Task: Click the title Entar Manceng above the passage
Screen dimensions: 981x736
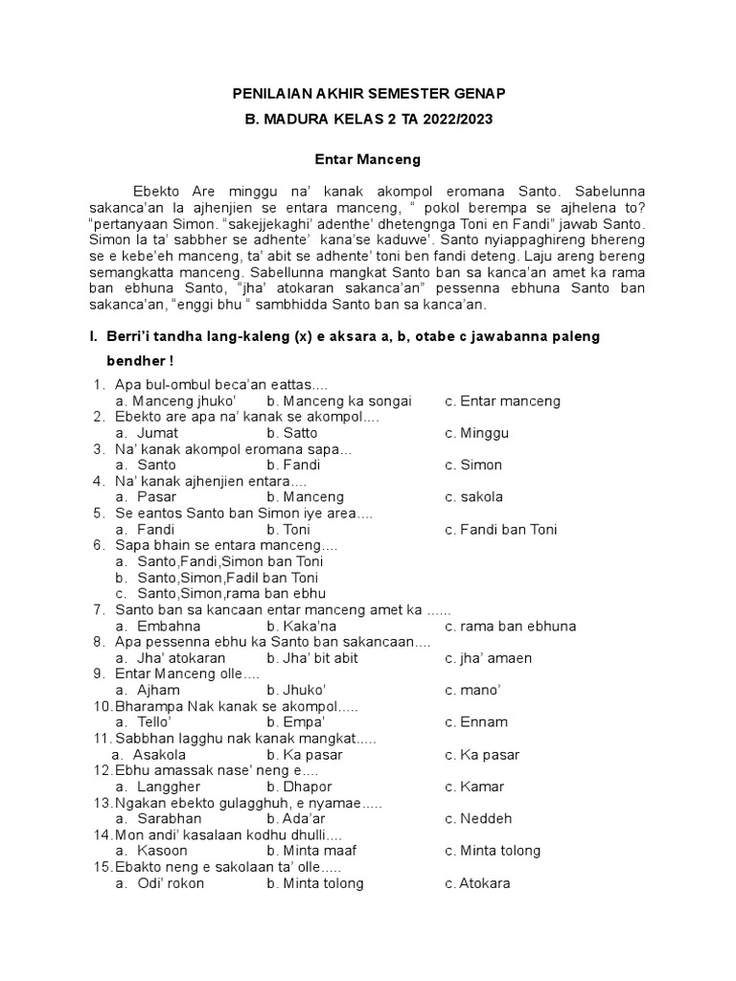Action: click(x=368, y=158)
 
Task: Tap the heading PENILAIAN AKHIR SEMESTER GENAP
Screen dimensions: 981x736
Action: click(x=368, y=93)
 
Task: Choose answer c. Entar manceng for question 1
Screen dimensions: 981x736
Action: click(x=502, y=401)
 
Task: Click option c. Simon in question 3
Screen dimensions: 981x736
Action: click(x=473, y=466)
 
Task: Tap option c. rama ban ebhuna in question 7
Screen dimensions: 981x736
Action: click(x=510, y=627)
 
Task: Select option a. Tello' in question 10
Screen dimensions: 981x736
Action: click(x=143, y=722)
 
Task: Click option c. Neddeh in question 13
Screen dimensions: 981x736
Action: click(x=478, y=819)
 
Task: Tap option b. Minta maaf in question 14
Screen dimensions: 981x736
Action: click(x=309, y=851)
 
